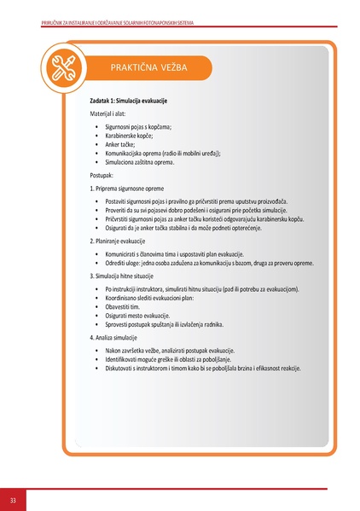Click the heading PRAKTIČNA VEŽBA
(149, 67)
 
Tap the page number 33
(13, 499)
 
